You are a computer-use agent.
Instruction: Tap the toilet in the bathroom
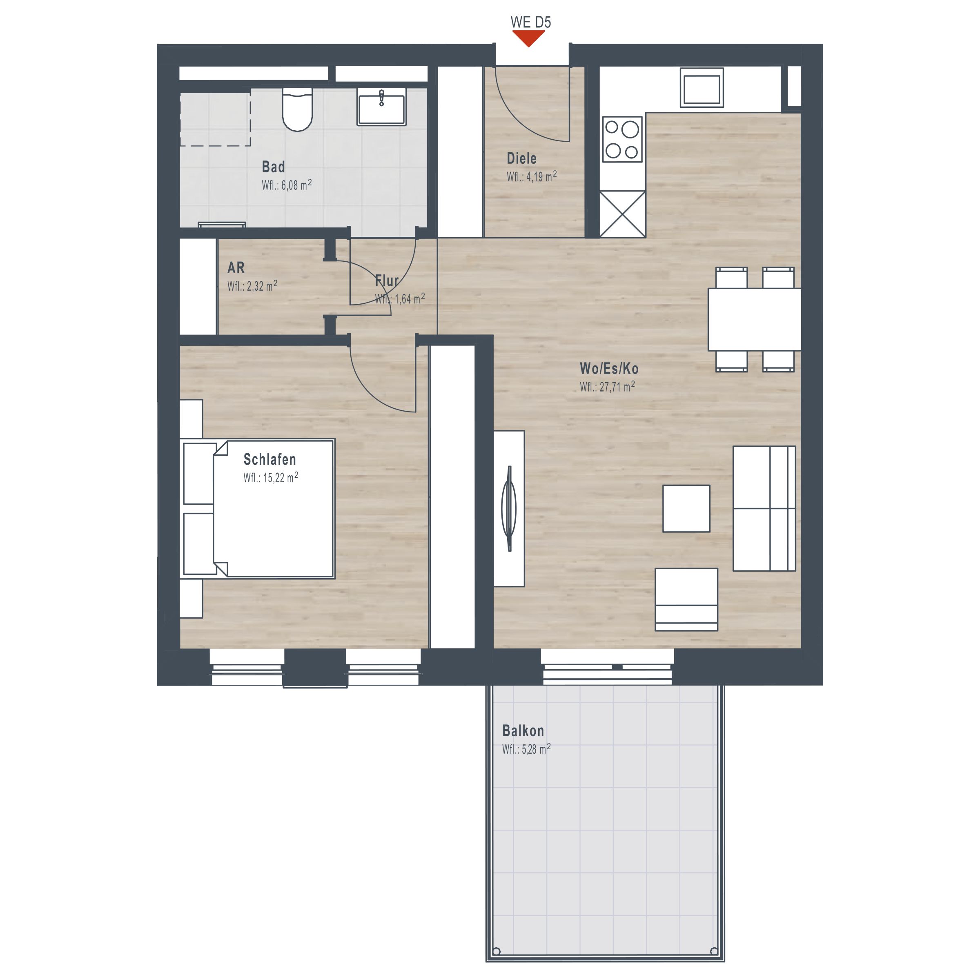[x=297, y=109]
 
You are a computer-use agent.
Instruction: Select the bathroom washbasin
[x=381, y=107]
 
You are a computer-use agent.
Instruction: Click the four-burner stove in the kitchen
[x=622, y=139]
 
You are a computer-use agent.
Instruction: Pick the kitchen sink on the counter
[x=702, y=88]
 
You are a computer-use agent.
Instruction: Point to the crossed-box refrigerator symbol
[x=622, y=214]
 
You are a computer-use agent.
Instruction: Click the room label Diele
[x=521, y=158]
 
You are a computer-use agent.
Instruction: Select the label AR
[x=236, y=267]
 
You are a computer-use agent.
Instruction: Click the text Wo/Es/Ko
[x=609, y=368]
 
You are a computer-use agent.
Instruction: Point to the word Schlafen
[x=269, y=459]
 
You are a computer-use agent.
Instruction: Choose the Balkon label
[x=523, y=731]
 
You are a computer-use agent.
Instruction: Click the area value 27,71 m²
[x=607, y=387]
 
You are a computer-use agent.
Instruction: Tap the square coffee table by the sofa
[x=686, y=508]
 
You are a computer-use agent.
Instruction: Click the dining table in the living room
[x=754, y=320]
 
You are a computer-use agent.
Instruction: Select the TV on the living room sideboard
[x=509, y=508]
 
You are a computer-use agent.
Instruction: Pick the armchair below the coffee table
[x=686, y=599]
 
